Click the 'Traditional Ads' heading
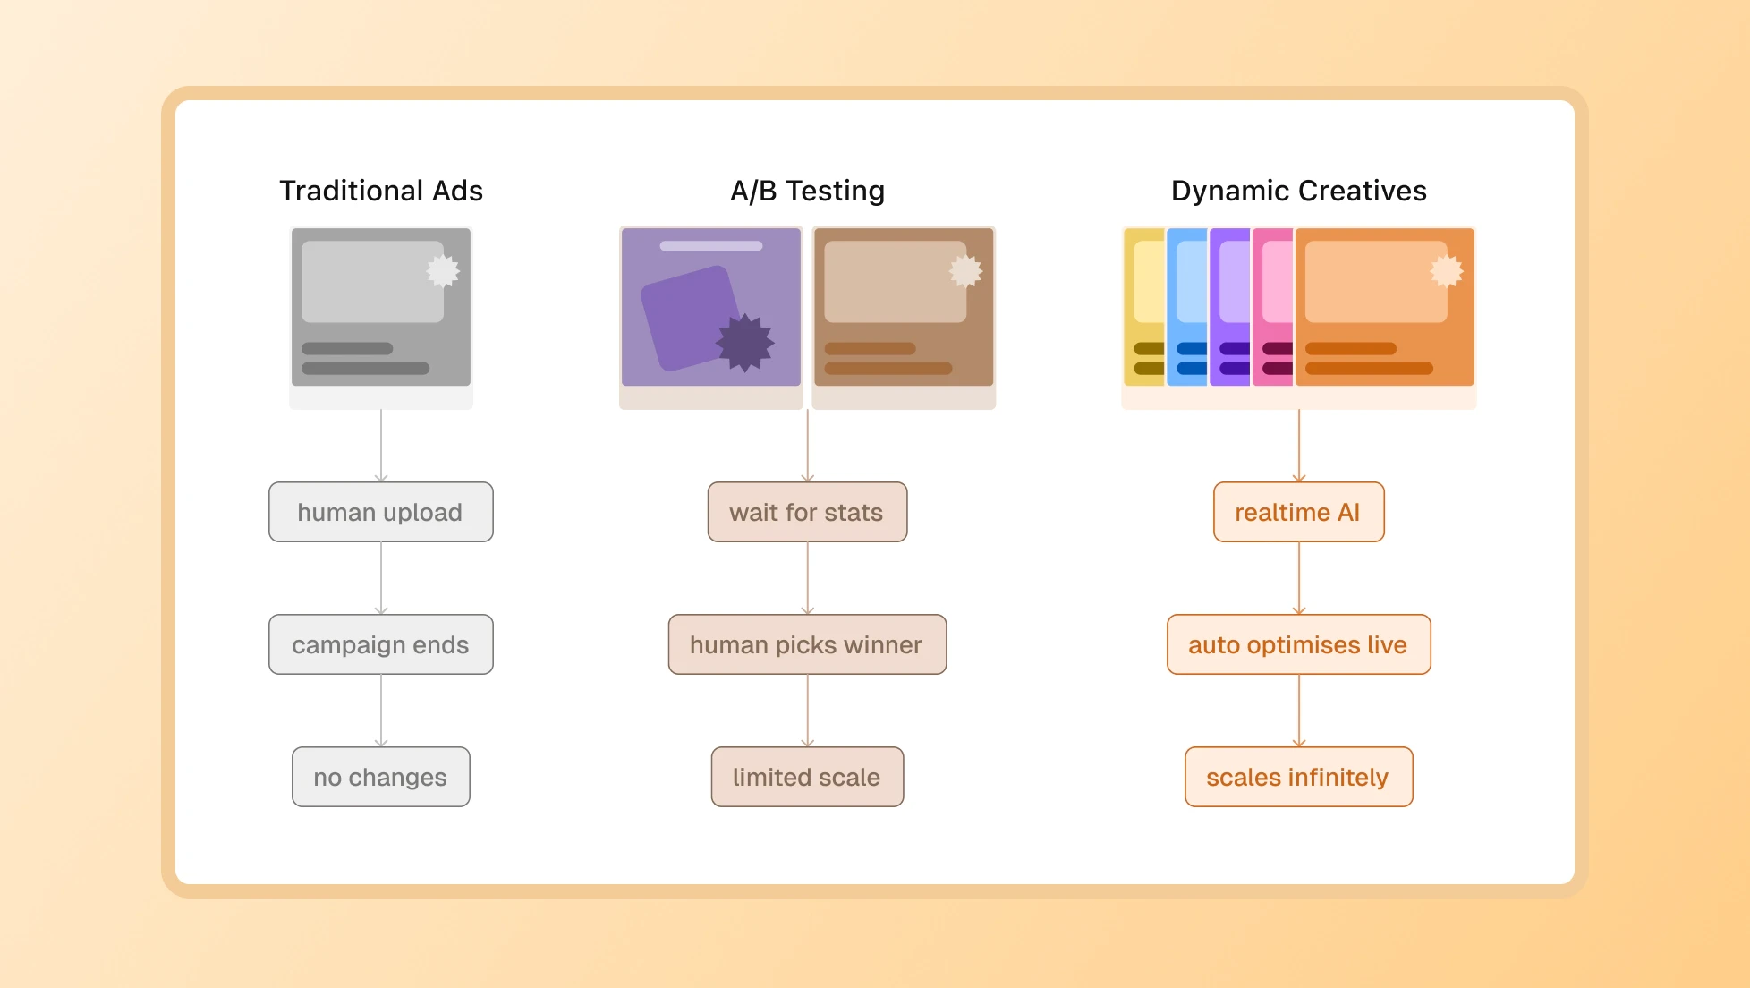pyautogui.click(x=381, y=191)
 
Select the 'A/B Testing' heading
pyautogui.click(x=807, y=191)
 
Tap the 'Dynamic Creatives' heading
pyautogui.click(x=1298, y=191)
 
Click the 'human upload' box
pyautogui.click(x=380, y=512)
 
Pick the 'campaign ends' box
pyautogui.click(x=380, y=644)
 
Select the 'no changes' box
pyautogui.click(x=380, y=777)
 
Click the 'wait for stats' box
pyautogui.click(x=807, y=512)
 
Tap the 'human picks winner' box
pyautogui.click(x=807, y=644)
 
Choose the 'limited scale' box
pyautogui.click(x=807, y=777)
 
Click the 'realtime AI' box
pyautogui.click(x=1298, y=512)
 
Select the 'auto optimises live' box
pyautogui.click(x=1298, y=644)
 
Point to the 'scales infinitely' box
pyautogui.click(x=1298, y=777)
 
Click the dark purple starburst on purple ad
pyautogui.click(x=744, y=342)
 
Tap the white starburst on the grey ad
pyautogui.click(x=442, y=270)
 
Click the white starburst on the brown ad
pyautogui.click(x=965, y=270)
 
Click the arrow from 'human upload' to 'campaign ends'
pyautogui.click(x=381, y=577)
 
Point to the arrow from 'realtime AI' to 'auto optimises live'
pyautogui.click(x=1299, y=577)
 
